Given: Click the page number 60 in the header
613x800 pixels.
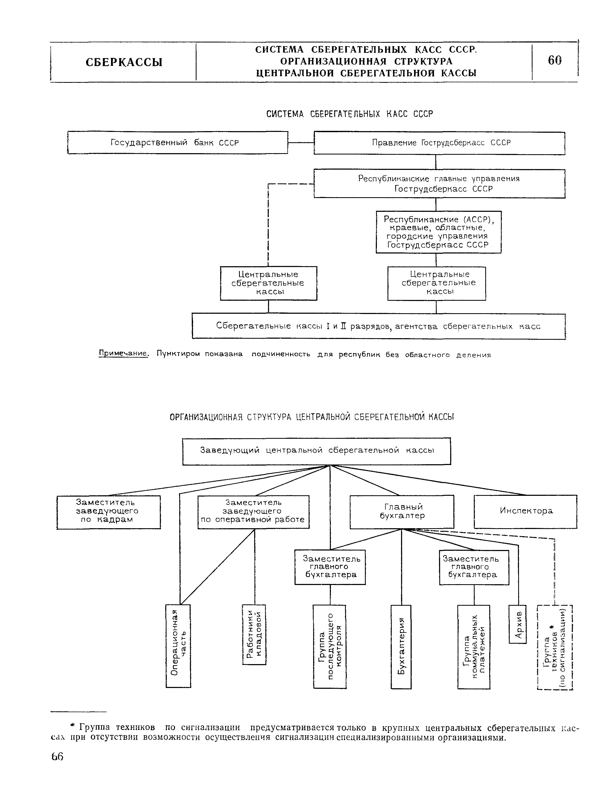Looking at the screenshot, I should (x=555, y=61).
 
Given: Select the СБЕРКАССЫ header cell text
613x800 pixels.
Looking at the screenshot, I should (x=124, y=62).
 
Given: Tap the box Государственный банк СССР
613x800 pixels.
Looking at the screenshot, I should (x=178, y=143).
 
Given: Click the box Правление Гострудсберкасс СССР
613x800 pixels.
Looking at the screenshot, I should (x=439, y=143).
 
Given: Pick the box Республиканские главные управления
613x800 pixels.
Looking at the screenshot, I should (x=439, y=184).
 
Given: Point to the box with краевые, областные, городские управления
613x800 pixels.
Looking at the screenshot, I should (x=439, y=232).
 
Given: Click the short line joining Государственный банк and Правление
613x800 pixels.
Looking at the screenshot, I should (x=301, y=143).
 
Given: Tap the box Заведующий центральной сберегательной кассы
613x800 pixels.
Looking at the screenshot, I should (x=317, y=451).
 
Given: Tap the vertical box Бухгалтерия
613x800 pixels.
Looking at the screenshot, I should (x=401, y=647).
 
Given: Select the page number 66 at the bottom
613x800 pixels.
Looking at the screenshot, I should (x=57, y=757).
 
